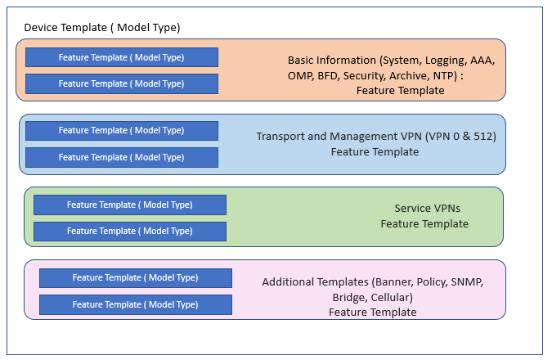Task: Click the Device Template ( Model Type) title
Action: tap(102, 28)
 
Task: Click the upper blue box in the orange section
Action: tap(122, 57)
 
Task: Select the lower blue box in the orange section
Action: tap(122, 83)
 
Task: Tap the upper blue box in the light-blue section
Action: tap(122, 131)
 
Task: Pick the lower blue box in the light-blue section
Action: tap(122, 157)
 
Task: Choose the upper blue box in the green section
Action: tap(130, 205)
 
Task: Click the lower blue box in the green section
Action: tap(130, 232)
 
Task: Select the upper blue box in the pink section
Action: tap(136, 278)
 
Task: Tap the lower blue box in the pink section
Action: tap(136, 304)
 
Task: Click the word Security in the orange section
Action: tap(365, 76)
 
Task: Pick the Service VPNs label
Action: tap(428, 208)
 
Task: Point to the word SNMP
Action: tap(467, 282)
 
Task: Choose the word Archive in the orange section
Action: tap(409, 76)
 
